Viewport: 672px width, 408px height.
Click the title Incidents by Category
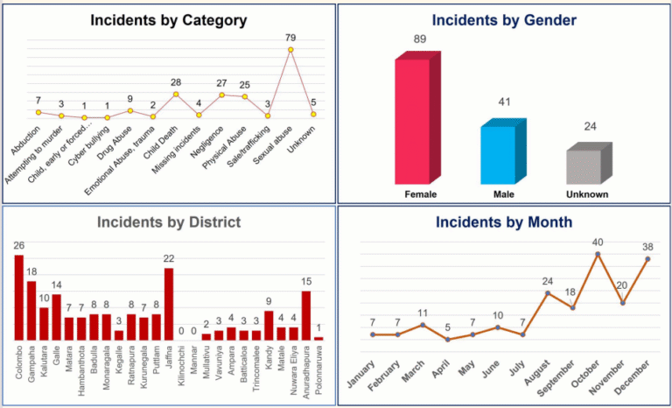[169, 20]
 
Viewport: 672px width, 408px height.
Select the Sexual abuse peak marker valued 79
[290, 50]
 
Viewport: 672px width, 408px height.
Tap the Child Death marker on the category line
[176, 94]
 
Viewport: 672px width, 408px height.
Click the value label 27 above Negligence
[221, 82]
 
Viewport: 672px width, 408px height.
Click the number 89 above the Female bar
[421, 39]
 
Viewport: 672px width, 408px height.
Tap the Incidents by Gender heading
[504, 19]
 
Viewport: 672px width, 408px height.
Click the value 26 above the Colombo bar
[19, 245]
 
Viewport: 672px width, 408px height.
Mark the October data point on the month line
[598, 255]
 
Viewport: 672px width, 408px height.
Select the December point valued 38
[647, 258]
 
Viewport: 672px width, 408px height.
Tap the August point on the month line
[548, 293]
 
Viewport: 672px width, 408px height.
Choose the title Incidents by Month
[504, 222]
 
